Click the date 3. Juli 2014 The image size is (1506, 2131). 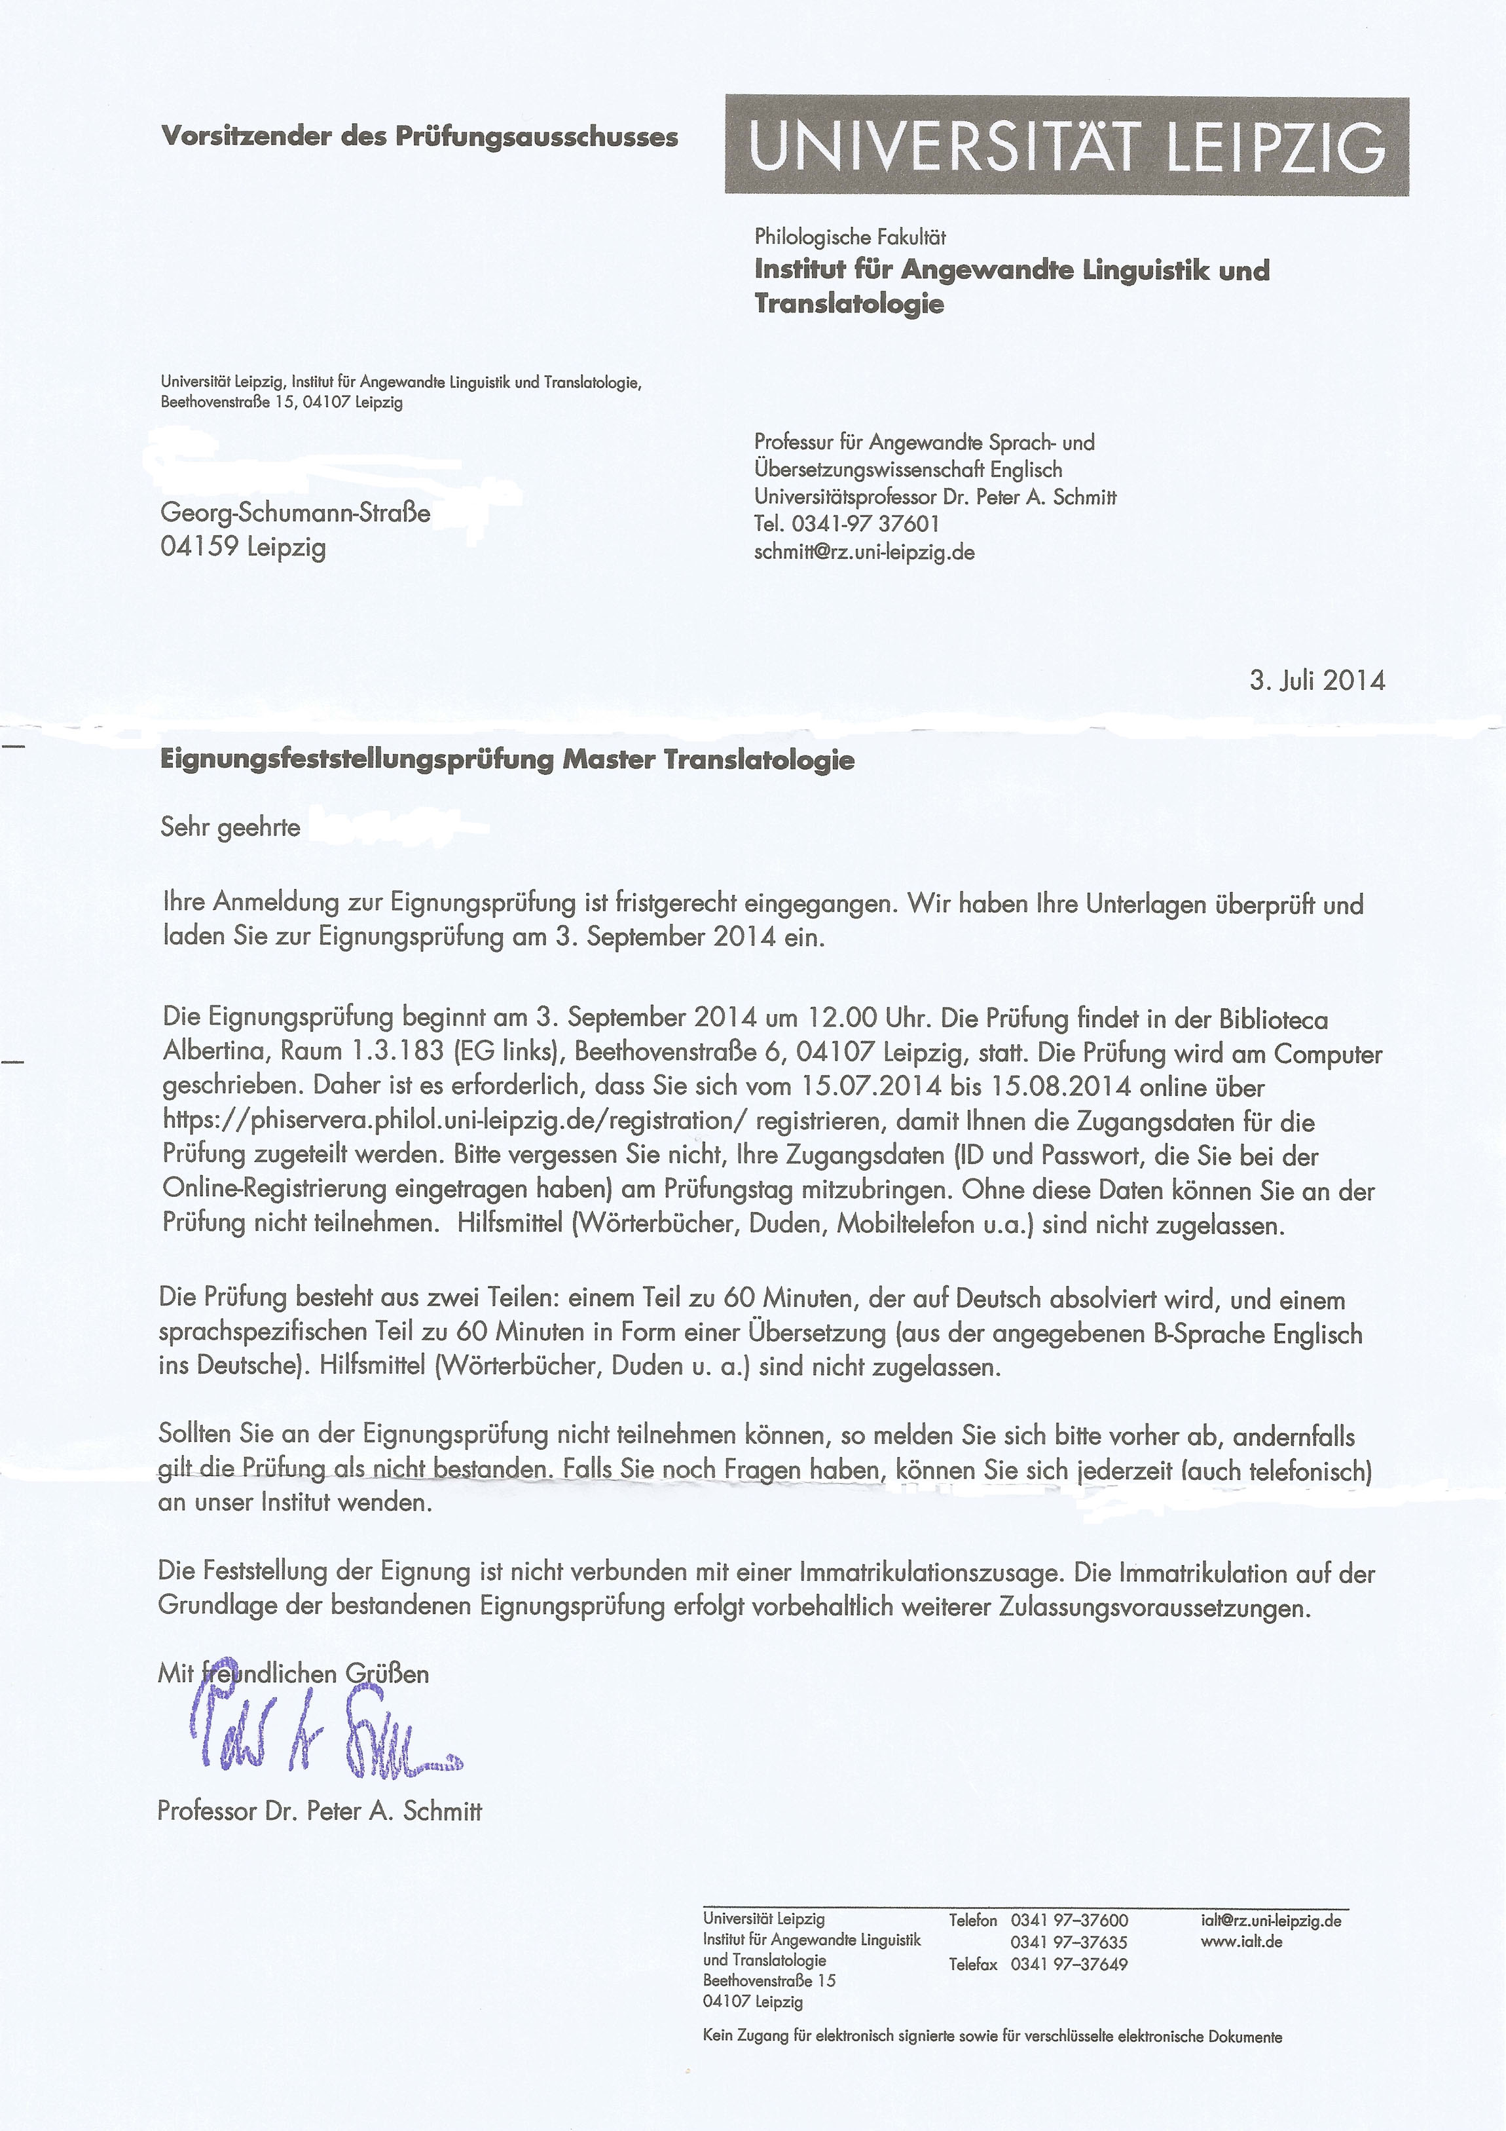[1317, 681]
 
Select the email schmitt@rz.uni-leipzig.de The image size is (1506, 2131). [864, 552]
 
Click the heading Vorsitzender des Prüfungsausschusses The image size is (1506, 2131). [420, 136]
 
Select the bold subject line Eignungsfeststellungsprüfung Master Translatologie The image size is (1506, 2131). [507, 760]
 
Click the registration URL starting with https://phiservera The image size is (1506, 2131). [454, 1122]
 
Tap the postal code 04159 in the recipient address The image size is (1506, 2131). [198, 547]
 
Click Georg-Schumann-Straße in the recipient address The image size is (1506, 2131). [295, 512]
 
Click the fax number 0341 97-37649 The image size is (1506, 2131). [1069, 1964]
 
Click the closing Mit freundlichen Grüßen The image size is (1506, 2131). [293, 1674]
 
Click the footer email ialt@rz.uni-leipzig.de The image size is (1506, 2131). [1270, 1920]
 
